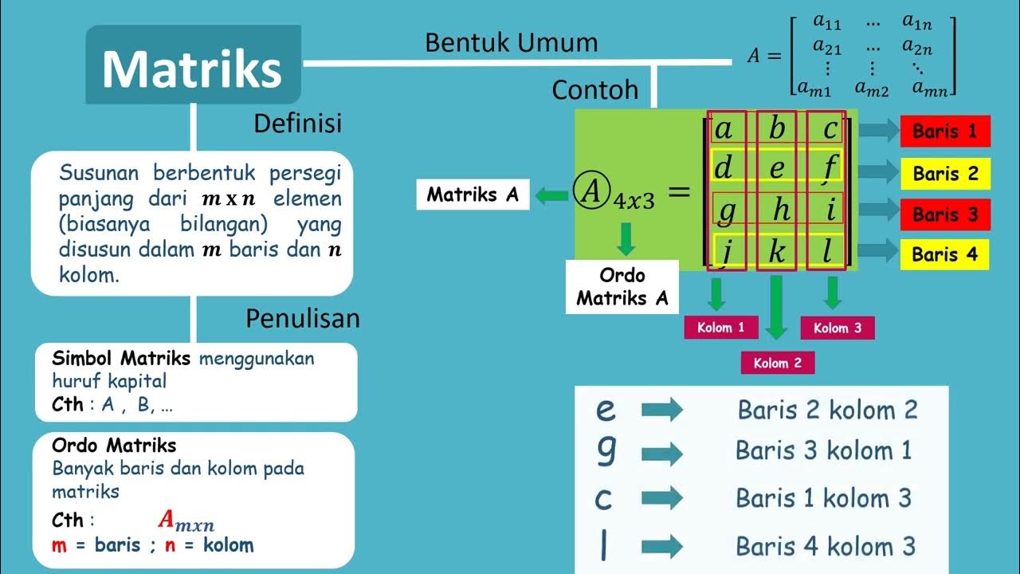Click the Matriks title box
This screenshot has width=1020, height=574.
click(x=193, y=65)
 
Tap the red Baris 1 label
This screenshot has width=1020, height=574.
click(x=945, y=132)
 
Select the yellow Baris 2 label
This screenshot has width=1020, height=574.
click(x=945, y=173)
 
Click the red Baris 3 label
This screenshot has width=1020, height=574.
click(x=945, y=214)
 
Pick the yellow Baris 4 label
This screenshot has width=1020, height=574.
click(x=945, y=254)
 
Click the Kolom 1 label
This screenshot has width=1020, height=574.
click(x=720, y=327)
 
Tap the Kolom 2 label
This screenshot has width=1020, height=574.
click(x=777, y=363)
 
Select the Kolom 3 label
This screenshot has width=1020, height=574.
click(x=837, y=328)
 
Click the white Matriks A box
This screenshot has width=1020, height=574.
click(x=473, y=195)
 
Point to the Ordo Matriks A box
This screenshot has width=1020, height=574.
click(x=622, y=287)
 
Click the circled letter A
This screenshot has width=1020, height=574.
click(x=590, y=192)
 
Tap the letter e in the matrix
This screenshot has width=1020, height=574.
click(x=777, y=168)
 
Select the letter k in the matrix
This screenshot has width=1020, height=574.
click(x=777, y=252)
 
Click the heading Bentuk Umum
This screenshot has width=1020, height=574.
click(x=511, y=42)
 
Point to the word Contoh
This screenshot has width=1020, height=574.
click(x=595, y=90)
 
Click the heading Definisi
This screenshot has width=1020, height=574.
click(x=297, y=123)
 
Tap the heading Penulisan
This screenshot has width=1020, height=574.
click(x=303, y=319)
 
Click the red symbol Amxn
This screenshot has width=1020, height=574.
click(x=186, y=521)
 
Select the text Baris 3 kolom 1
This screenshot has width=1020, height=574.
click(x=823, y=450)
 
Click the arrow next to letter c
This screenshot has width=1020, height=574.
click(x=661, y=498)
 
